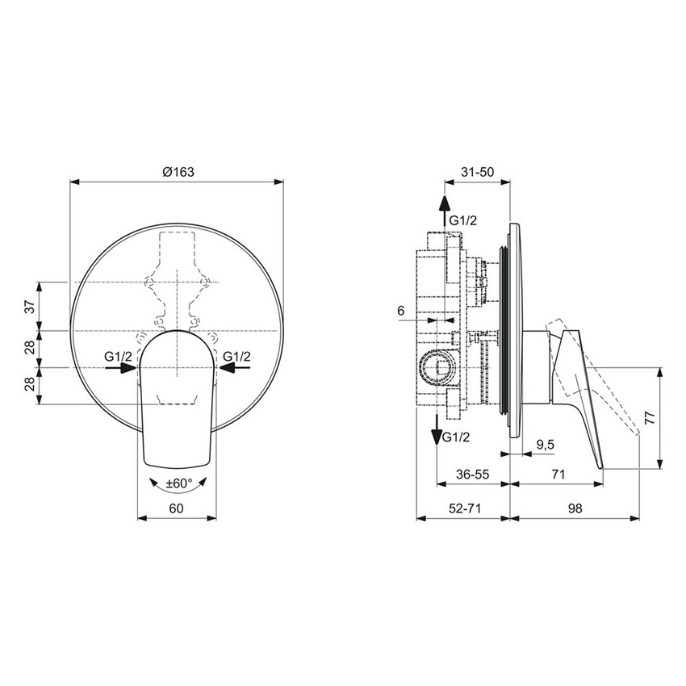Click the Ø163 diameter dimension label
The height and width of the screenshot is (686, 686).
178,171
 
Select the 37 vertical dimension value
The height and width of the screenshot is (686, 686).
29,306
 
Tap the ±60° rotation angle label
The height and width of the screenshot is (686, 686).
178,483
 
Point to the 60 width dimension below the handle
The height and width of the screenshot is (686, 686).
178,508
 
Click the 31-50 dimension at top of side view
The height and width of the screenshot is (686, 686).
478,171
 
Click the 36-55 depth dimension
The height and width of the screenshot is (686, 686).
472,475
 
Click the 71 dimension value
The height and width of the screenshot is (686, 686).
557,475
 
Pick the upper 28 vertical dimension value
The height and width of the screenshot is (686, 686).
29,348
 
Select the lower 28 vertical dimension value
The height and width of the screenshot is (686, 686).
29,385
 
